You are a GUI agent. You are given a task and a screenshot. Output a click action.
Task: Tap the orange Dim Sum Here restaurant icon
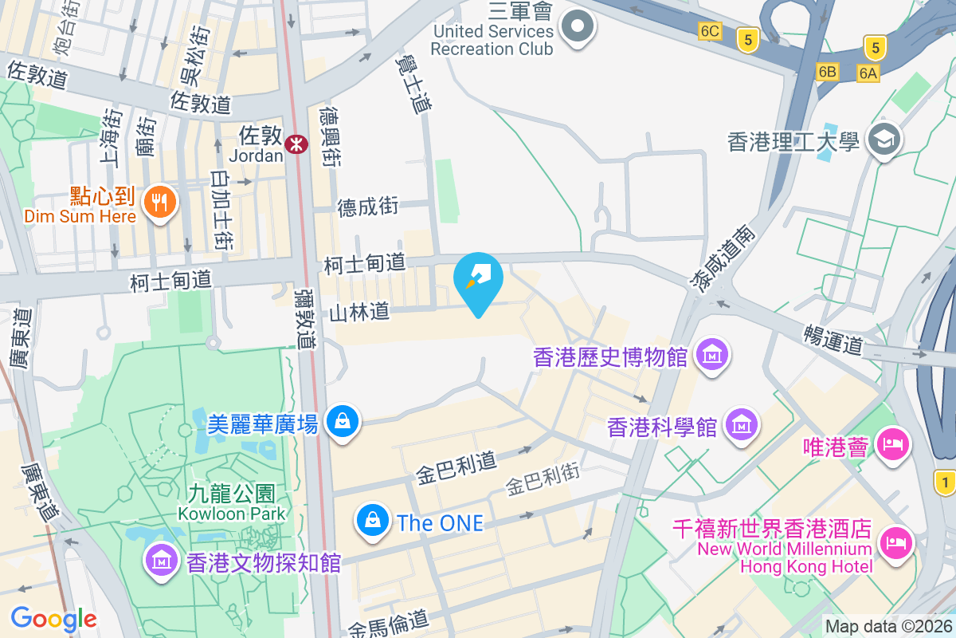[160, 203]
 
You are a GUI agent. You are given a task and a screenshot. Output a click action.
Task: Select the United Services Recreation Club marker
[578, 27]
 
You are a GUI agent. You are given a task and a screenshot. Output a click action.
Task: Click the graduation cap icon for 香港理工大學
[884, 140]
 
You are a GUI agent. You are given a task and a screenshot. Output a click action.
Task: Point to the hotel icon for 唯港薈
[892, 442]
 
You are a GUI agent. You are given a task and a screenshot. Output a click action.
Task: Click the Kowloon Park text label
[231, 514]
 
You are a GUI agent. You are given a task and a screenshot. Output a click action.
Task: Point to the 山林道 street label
[359, 311]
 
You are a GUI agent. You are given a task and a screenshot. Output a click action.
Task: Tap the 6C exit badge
[710, 31]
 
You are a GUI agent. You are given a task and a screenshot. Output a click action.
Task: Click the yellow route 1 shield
[946, 481]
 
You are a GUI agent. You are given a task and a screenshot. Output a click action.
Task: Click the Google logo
[53, 619]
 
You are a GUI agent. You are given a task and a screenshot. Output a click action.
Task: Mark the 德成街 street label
[367, 207]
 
